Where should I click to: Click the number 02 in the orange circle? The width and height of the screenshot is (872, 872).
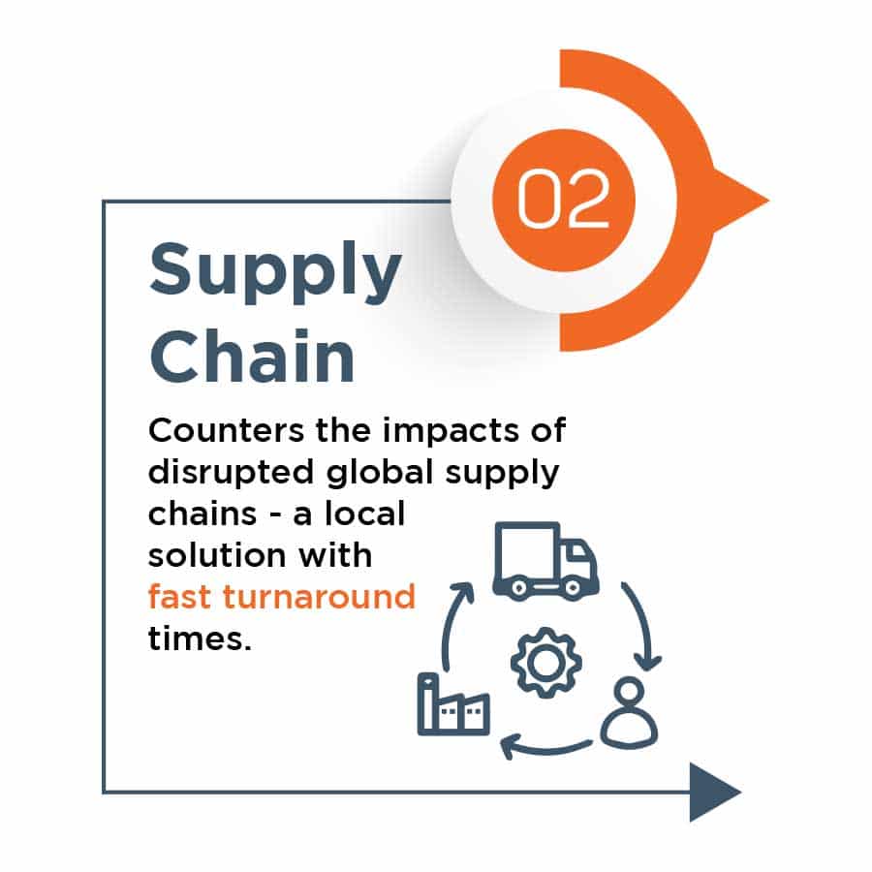point(563,199)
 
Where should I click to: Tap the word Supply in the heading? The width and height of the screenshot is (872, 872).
point(275,273)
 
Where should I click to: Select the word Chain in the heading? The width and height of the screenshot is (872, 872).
point(252,356)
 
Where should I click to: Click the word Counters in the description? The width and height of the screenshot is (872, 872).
point(227,430)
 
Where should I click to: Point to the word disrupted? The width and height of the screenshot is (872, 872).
point(232,472)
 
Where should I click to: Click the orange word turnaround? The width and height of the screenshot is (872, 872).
point(319,597)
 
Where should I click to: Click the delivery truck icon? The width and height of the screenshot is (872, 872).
point(545,561)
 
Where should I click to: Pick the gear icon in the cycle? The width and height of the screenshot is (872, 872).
point(546,663)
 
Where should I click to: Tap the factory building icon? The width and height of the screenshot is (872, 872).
point(453,704)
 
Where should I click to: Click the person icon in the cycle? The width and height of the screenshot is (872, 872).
point(630,712)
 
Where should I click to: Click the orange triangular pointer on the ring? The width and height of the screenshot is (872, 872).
point(739,201)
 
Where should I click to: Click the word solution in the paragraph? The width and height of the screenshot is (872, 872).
point(217,555)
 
